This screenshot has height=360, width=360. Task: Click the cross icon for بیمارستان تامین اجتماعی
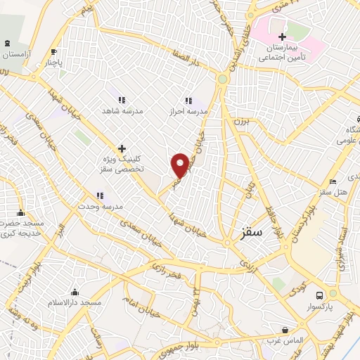[x=282, y=37]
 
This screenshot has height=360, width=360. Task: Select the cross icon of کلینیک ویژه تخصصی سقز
[x=122, y=148]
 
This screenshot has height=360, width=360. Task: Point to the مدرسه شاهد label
[x=117, y=111]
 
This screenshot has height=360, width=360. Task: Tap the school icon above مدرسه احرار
[x=188, y=101]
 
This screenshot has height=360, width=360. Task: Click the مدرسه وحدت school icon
[x=100, y=195]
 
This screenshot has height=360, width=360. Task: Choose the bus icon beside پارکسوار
[x=319, y=295]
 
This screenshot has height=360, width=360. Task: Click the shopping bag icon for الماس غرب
[x=285, y=329]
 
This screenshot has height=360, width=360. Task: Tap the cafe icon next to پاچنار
[x=53, y=51]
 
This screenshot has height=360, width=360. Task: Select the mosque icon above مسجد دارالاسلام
[x=75, y=292]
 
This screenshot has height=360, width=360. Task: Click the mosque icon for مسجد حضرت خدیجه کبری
[x=20, y=213]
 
